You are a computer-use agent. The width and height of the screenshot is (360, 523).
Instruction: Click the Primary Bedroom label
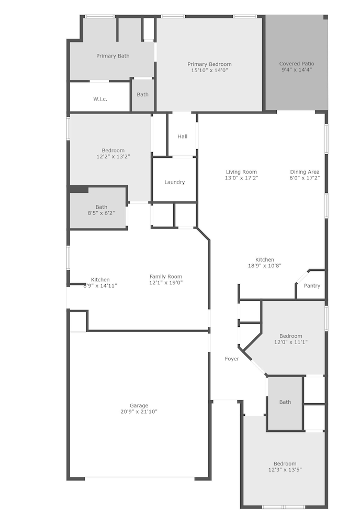click(209, 64)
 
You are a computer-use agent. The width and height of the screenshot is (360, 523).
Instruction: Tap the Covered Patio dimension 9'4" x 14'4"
click(297, 70)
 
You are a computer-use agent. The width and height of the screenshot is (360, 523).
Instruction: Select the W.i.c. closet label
click(100, 99)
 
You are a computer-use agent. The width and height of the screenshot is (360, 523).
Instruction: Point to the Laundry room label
click(174, 182)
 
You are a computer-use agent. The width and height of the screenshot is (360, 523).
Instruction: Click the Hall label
click(183, 137)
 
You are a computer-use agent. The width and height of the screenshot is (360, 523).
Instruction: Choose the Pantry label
click(312, 286)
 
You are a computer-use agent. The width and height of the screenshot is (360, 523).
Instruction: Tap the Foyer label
click(232, 359)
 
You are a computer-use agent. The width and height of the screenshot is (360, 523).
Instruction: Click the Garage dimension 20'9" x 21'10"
click(139, 412)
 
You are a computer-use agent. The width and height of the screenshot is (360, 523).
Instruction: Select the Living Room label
click(241, 172)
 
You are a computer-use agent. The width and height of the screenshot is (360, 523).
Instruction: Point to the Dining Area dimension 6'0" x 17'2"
click(305, 178)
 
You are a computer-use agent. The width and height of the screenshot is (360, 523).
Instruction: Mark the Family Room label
click(166, 277)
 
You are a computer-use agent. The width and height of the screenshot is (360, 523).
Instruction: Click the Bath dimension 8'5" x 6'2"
click(102, 213)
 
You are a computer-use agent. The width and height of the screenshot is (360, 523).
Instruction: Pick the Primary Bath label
click(113, 56)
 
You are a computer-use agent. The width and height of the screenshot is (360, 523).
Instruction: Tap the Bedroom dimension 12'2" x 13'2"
click(113, 156)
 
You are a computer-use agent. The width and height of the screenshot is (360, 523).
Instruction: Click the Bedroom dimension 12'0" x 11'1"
click(291, 342)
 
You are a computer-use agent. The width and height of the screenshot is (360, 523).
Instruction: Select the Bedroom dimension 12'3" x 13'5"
click(285, 470)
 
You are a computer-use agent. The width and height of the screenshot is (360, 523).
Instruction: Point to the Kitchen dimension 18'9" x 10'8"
click(265, 266)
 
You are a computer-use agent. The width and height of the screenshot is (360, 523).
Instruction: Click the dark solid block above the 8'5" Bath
click(78, 189)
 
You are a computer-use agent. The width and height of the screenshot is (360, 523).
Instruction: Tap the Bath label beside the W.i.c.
click(142, 95)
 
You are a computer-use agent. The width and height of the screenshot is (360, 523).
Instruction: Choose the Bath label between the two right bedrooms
click(285, 402)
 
